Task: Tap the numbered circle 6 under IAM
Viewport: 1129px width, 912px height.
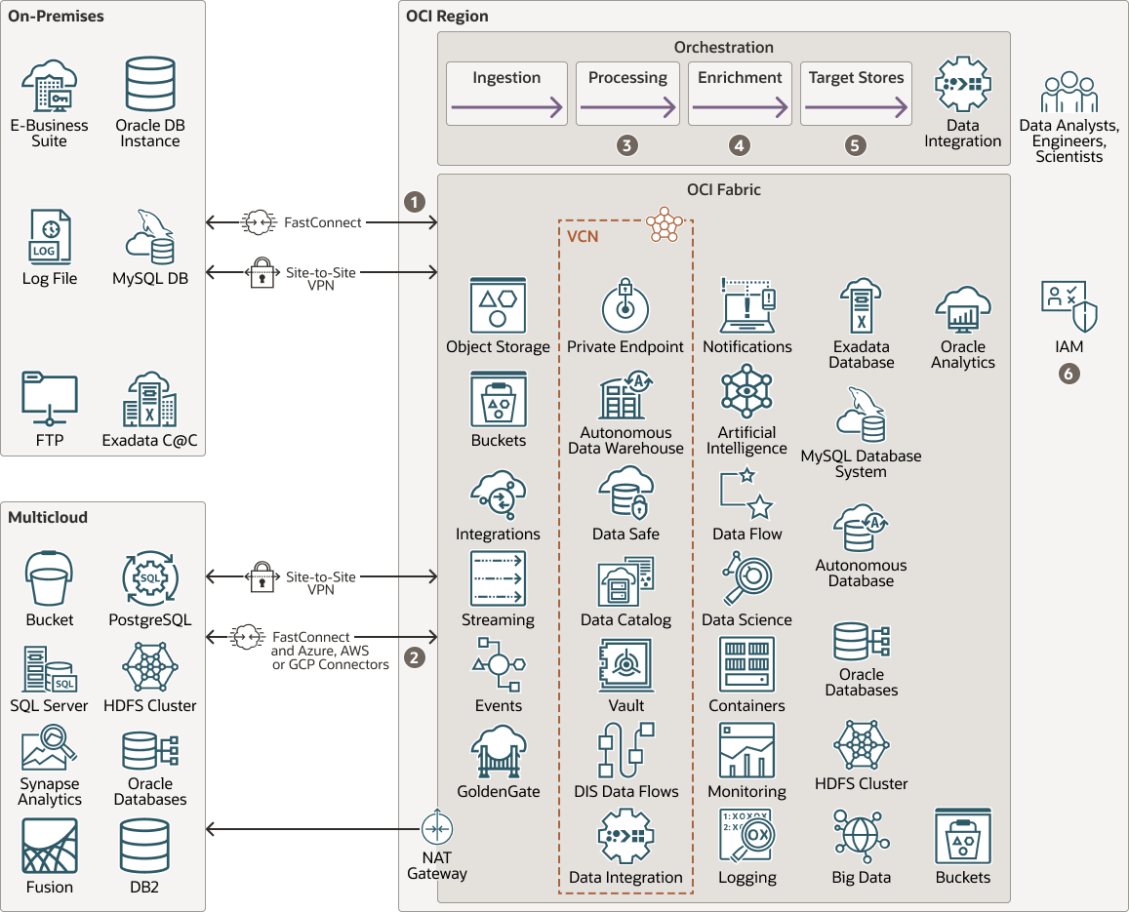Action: [1069, 373]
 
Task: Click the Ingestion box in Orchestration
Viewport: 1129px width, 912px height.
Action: [506, 94]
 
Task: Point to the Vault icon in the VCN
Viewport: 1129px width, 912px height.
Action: [625, 665]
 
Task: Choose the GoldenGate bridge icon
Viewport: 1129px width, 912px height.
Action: [498, 751]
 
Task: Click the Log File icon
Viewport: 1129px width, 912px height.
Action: [50, 237]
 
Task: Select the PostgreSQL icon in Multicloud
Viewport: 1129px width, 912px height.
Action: [150, 579]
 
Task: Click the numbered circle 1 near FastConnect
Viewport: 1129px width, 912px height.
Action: [416, 201]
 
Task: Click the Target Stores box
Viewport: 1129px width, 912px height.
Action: [856, 94]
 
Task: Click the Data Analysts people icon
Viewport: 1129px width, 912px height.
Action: [1069, 93]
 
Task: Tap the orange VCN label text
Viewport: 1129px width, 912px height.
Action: [584, 235]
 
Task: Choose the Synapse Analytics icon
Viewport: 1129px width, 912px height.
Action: [50, 749]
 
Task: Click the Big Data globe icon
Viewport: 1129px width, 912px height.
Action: [861, 836]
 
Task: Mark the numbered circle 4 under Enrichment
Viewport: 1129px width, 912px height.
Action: [740, 145]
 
